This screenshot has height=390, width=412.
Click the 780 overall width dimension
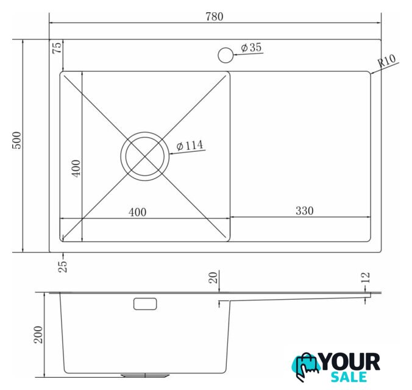click(215, 16)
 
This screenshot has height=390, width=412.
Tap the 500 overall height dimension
click(17, 140)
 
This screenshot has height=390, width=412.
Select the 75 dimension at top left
click(57, 48)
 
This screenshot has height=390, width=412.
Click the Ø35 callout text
click(251, 48)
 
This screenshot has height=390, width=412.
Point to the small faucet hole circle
click(226, 55)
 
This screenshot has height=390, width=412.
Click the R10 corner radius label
click(386, 61)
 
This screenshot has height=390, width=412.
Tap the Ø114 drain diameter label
click(190, 145)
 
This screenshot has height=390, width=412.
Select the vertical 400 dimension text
click(76, 168)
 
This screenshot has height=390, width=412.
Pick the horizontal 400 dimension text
click(137, 212)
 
